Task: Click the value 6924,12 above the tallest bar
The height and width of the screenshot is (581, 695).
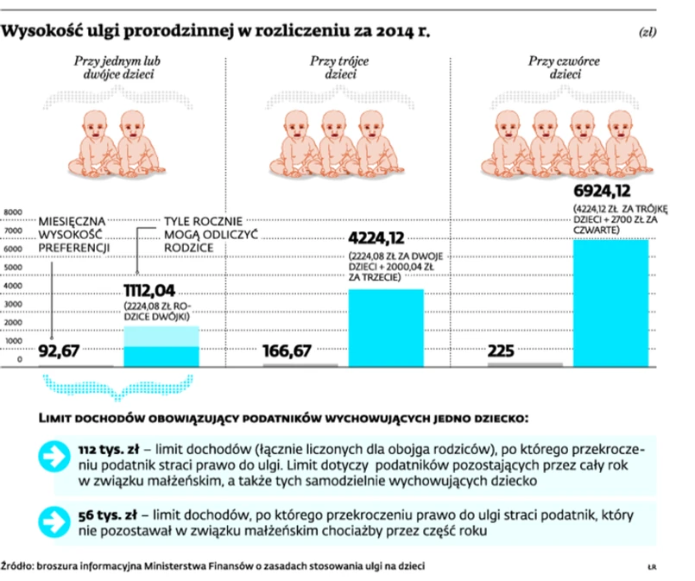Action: (610, 191)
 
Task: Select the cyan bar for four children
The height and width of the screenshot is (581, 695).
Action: (611, 302)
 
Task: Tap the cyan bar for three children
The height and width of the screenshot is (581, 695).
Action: (385, 327)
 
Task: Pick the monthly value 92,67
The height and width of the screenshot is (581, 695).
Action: (66, 351)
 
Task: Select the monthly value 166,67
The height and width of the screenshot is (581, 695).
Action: (292, 351)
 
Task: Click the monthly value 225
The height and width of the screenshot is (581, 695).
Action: (503, 351)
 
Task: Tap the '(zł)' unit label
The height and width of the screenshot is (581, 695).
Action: (647, 34)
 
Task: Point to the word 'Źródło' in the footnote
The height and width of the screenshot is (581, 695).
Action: (18, 567)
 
